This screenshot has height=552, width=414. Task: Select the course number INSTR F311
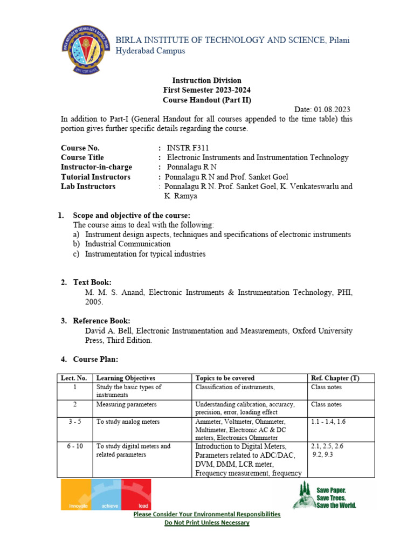click(186, 148)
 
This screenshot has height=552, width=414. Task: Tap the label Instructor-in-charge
click(96, 167)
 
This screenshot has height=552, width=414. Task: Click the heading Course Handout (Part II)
click(207, 100)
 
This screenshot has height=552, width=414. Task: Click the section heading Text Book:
click(92, 282)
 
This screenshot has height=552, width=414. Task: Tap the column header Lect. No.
click(74, 378)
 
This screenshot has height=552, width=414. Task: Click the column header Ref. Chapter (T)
click(335, 378)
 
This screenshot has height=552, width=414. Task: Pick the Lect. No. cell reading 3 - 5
click(74, 422)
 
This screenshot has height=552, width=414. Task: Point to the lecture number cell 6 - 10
click(74, 446)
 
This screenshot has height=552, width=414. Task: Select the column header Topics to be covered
click(225, 378)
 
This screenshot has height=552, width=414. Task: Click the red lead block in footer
click(136, 495)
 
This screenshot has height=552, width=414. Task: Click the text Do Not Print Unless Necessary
click(207, 523)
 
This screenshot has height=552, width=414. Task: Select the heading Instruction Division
click(207, 80)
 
